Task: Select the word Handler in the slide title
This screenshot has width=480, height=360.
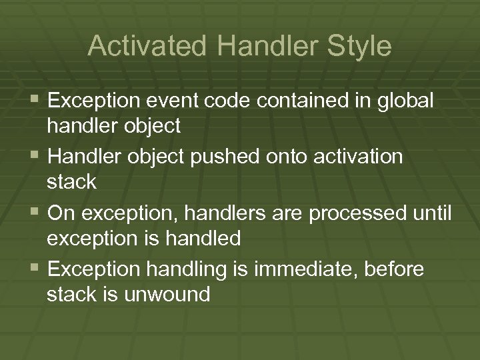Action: click(260, 47)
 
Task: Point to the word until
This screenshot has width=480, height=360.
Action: click(433, 213)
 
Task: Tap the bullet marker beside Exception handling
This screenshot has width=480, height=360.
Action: click(35, 269)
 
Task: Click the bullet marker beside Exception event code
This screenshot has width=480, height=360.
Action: click(35, 101)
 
